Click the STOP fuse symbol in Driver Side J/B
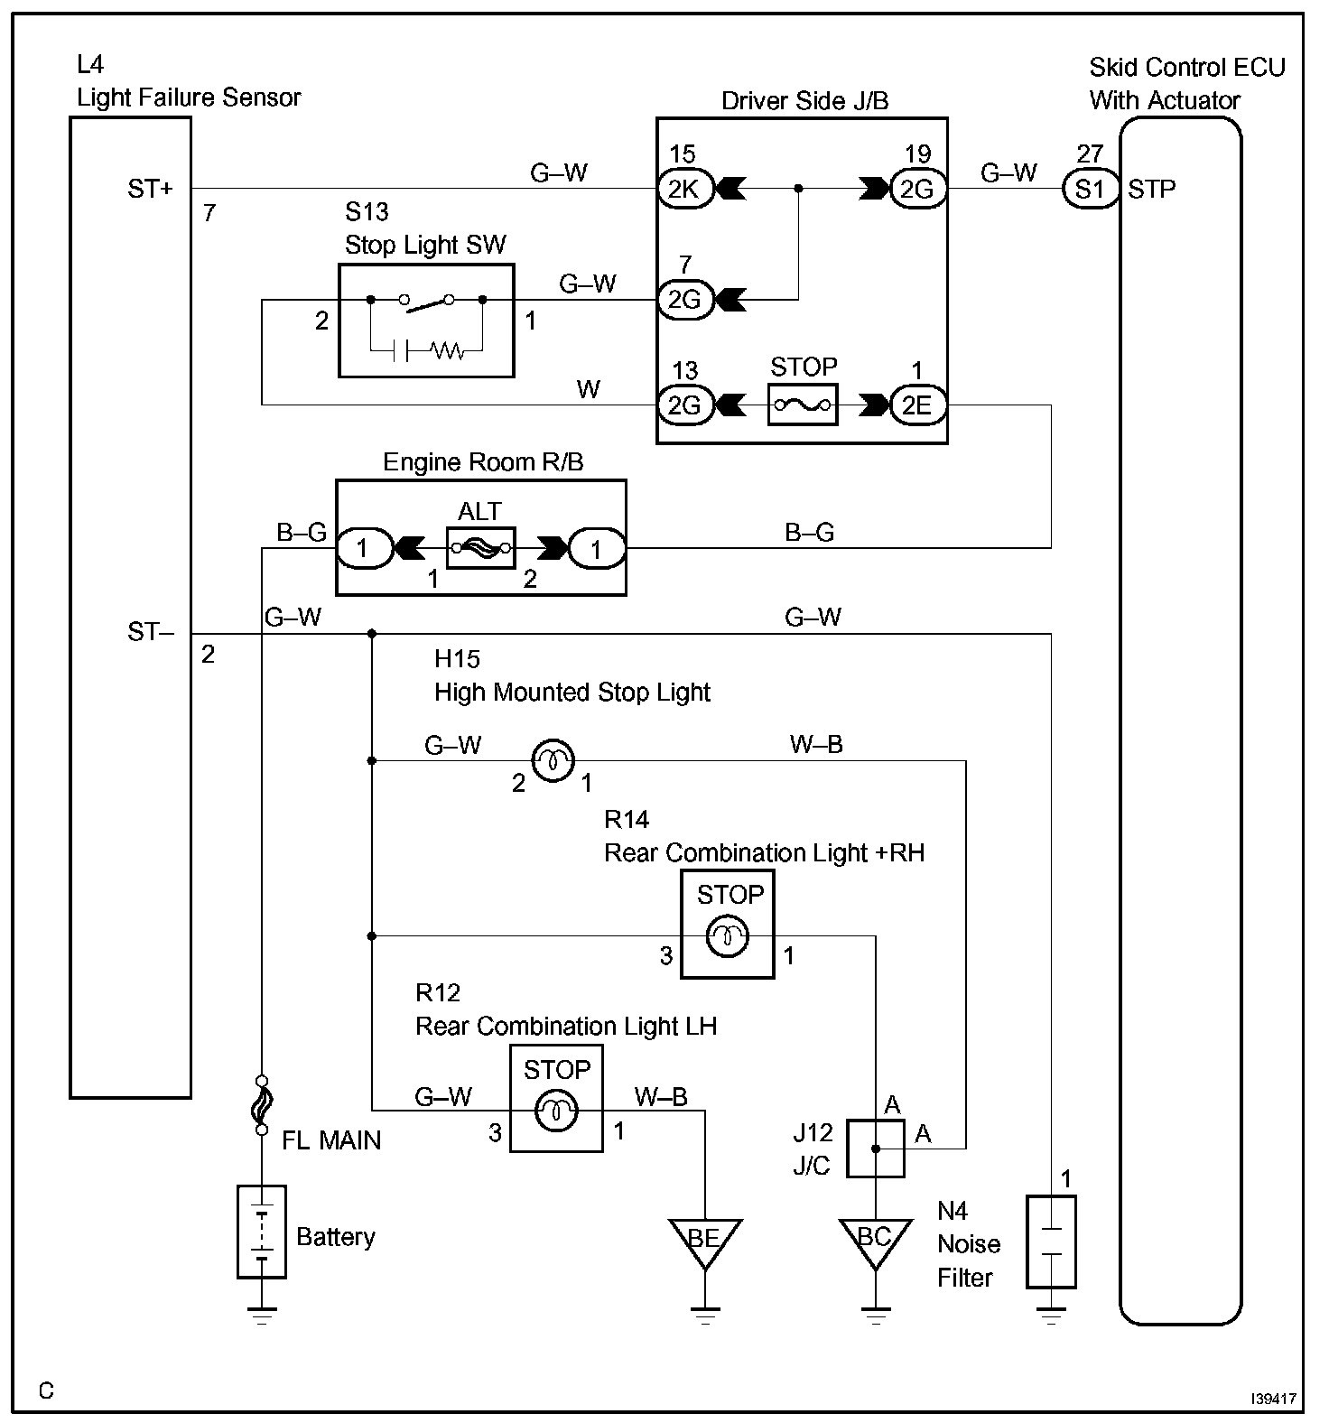(x=803, y=405)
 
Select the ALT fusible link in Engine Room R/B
(x=481, y=547)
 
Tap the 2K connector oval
(x=685, y=189)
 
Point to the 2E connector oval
(x=918, y=405)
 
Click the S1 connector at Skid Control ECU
(x=1090, y=189)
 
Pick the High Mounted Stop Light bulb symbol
(x=551, y=760)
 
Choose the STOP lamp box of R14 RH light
(x=727, y=924)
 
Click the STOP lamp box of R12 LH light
(x=556, y=1098)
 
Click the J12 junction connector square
(x=875, y=1149)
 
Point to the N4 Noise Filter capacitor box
(x=1051, y=1242)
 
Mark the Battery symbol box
(x=262, y=1232)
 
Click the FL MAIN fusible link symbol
(x=262, y=1105)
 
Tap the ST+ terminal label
(x=151, y=190)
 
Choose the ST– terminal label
(x=151, y=632)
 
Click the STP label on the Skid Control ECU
(x=1152, y=190)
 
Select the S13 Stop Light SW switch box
(x=426, y=321)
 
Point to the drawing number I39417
(x=1274, y=1399)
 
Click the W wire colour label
(x=589, y=389)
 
